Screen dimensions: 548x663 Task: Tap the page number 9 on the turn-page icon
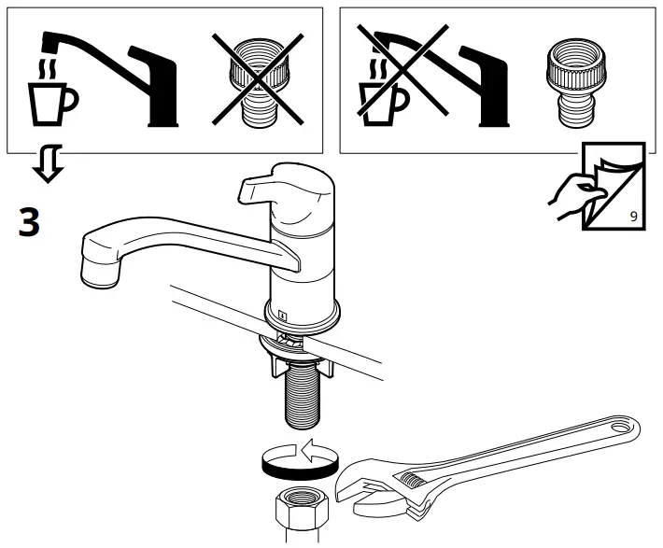tap(634, 216)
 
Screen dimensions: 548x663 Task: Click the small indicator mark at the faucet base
tap(281, 316)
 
